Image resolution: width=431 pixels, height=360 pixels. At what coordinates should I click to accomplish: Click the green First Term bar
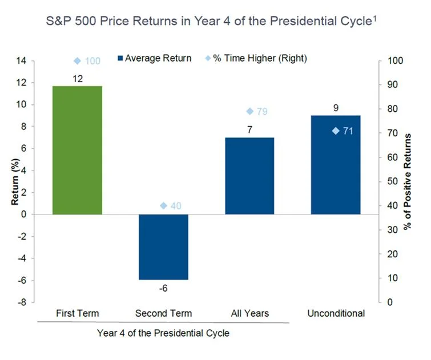tap(78, 150)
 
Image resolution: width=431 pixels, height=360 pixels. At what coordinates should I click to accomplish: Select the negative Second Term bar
tap(163, 247)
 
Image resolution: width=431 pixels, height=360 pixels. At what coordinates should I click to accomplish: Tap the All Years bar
tap(249, 176)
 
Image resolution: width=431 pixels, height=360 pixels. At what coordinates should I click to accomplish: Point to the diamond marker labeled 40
tap(164, 206)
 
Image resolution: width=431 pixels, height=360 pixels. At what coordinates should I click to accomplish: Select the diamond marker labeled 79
tap(249, 111)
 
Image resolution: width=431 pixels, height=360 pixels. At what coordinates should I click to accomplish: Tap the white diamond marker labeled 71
tap(336, 131)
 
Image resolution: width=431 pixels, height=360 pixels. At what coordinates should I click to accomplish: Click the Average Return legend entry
tap(154, 58)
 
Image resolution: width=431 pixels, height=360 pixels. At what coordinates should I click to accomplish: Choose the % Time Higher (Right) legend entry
tap(257, 58)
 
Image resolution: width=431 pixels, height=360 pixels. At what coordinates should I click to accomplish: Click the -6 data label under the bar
tap(163, 289)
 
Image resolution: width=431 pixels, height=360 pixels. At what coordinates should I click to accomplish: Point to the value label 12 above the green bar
tap(78, 78)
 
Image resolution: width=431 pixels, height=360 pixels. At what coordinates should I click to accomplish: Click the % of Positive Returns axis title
tap(409, 181)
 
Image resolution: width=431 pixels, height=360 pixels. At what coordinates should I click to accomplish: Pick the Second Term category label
tap(163, 314)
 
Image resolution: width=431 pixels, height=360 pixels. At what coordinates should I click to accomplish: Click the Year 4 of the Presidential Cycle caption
tap(163, 333)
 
